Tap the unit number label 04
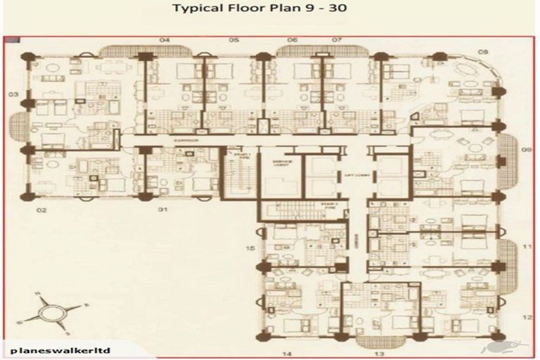pyautogui.click(x=165, y=40)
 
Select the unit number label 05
pyautogui.click(x=233, y=40)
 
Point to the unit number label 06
pyautogui.click(x=292, y=40)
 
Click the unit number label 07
pyautogui.click(x=337, y=40)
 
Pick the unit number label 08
pyautogui.click(x=484, y=52)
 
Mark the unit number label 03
pyautogui.click(x=13, y=94)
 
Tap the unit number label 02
pyautogui.click(x=41, y=210)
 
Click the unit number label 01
pyautogui.click(x=162, y=210)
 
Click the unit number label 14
pyautogui.click(x=287, y=353)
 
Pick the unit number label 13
pyautogui.click(x=379, y=353)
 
